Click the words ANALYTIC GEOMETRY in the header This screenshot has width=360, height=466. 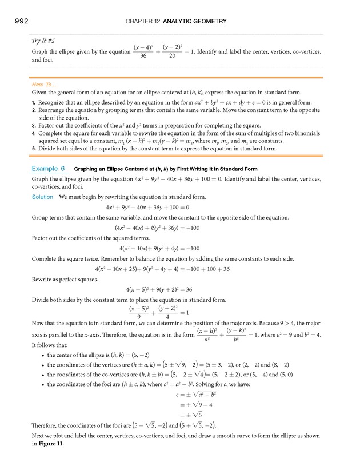pyautogui.click(x=195, y=22)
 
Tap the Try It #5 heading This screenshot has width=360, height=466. pyautogui.click(x=43, y=41)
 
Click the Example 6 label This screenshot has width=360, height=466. pyautogui.click(x=49, y=169)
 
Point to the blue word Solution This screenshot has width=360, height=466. pyautogui.click(x=43, y=197)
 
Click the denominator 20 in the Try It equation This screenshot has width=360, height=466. pyautogui.click(x=171, y=56)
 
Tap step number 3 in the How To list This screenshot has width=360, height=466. pyautogui.click(x=34, y=125)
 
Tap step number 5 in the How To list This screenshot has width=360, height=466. pyautogui.click(x=34, y=148)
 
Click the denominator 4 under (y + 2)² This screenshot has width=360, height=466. pyautogui.click(x=167, y=317)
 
